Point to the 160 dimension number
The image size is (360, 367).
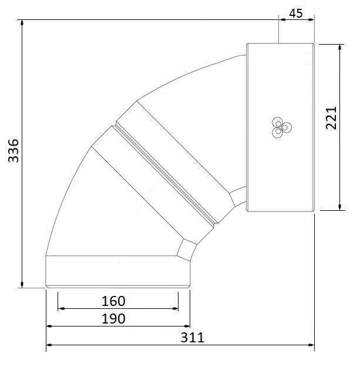113,301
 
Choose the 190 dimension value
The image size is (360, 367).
113,319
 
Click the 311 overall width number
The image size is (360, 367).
191,338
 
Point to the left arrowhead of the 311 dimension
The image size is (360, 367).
49,345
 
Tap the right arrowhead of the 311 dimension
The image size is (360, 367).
311,345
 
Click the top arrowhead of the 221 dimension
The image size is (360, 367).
339,47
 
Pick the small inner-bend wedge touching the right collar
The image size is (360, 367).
238,197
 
